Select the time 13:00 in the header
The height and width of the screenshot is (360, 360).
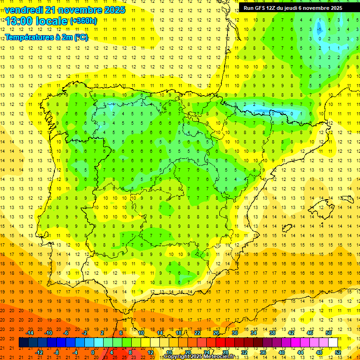click(x=22, y=21)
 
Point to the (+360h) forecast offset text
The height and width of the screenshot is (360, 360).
click(x=83, y=21)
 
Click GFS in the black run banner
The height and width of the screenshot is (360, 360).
click(x=260, y=8)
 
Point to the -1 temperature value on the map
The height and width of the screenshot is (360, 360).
click(x=319, y=29)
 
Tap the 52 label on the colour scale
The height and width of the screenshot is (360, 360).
click(x=338, y=352)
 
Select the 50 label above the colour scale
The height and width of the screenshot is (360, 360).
click(x=329, y=333)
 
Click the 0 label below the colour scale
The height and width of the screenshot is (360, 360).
click(x=93, y=352)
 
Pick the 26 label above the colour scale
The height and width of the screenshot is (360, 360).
click(x=216, y=333)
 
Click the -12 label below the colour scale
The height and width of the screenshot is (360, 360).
click(x=39, y=352)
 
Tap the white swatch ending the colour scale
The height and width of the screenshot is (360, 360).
click(x=333, y=343)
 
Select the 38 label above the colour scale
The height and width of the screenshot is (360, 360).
click(x=272, y=333)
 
